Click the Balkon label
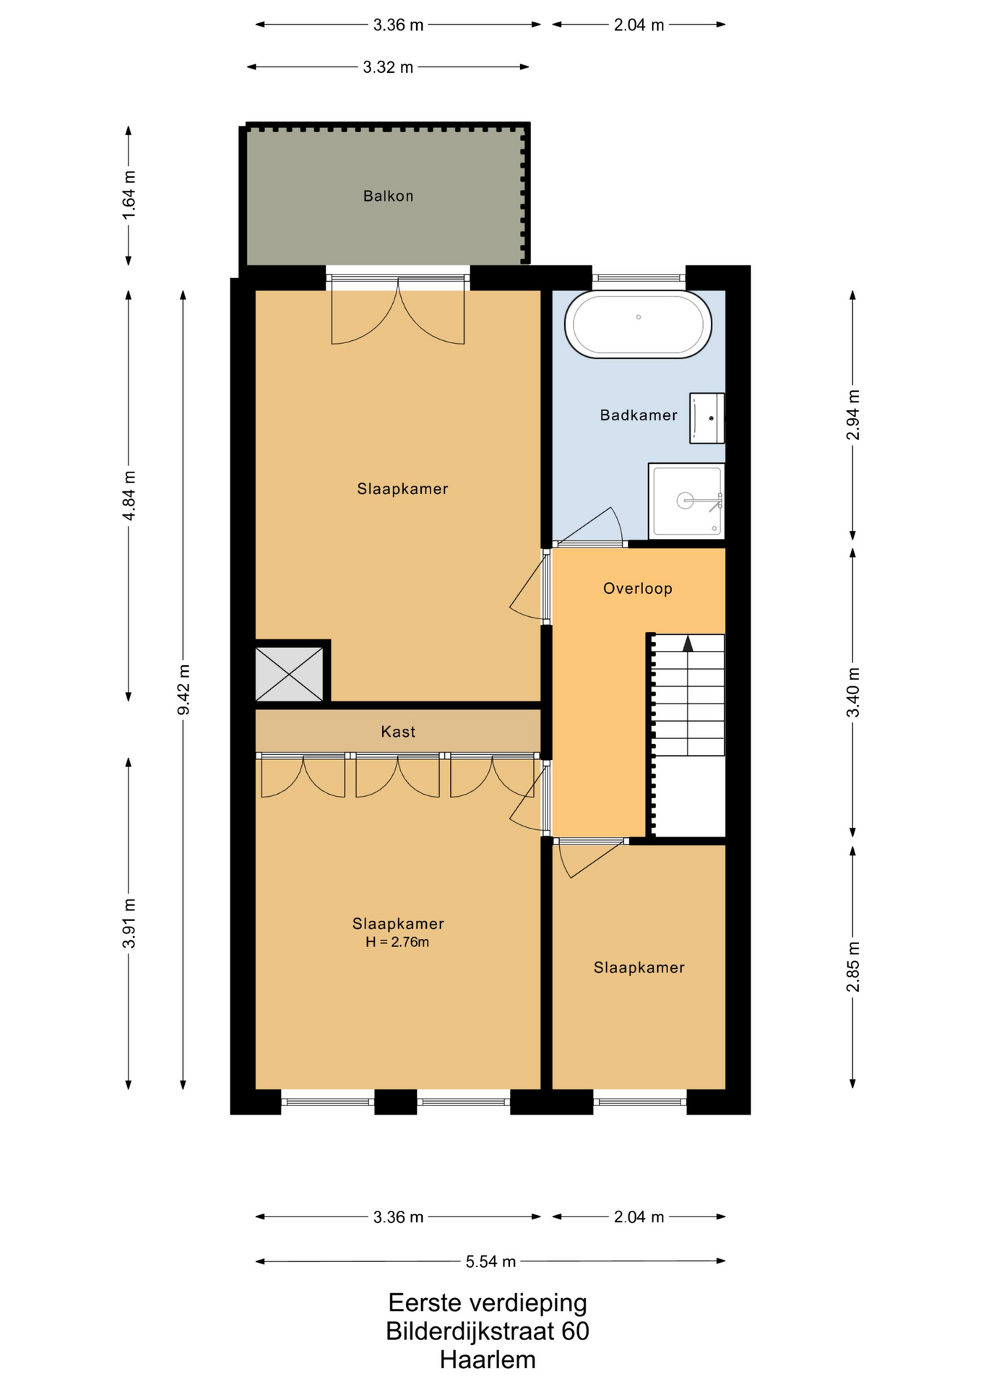coord(388,196)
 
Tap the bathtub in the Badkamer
coord(638,324)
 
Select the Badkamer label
coord(639,415)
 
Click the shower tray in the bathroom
coord(686,501)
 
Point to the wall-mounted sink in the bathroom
coord(706,418)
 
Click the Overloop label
coord(638,589)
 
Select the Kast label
coord(398,732)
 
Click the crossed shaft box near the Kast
coord(289,674)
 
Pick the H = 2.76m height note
coord(397,942)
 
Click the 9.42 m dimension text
coord(183,690)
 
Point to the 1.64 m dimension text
coord(129,195)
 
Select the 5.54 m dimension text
coord(490,1261)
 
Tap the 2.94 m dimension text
coord(853,415)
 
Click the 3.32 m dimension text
coord(388,67)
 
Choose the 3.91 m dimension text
coord(129,923)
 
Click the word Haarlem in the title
coord(488,1360)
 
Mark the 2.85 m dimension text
coord(853,967)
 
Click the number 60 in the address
coord(575,1331)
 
